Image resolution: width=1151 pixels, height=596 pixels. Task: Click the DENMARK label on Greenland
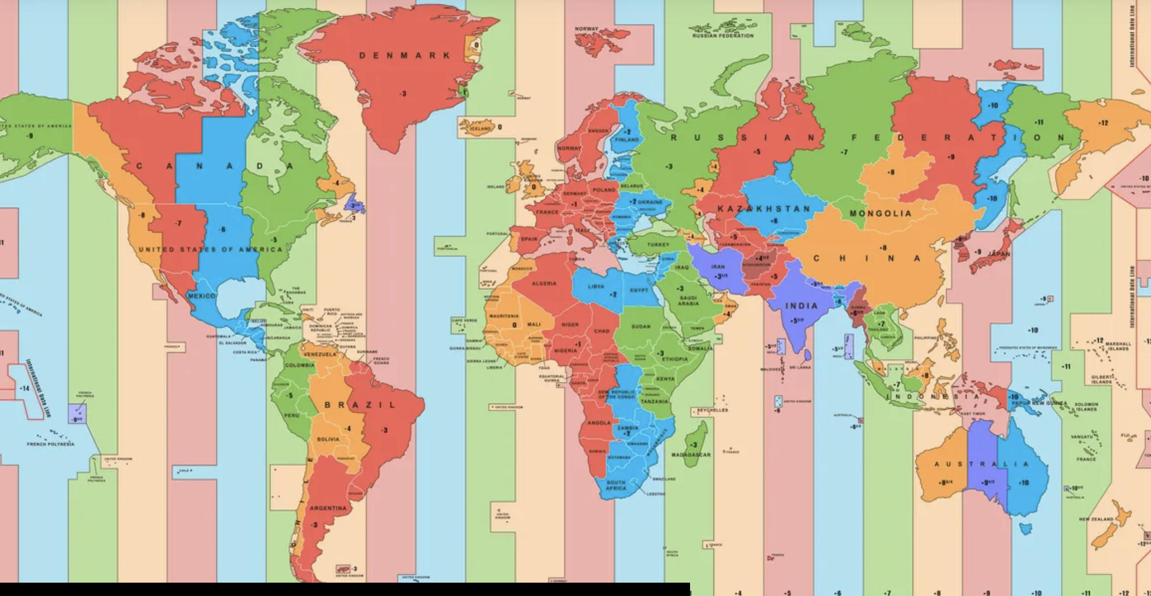(x=405, y=56)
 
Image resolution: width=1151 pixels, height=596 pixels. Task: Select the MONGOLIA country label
(x=880, y=213)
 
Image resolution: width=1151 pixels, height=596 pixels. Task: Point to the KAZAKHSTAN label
(x=763, y=208)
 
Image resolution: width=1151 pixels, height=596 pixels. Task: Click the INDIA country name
(x=801, y=306)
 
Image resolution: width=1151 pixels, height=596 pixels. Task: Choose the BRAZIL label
(x=360, y=405)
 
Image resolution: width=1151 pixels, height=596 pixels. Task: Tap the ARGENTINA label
(x=328, y=508)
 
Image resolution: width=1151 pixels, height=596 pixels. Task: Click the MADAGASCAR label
(x=691, y=455)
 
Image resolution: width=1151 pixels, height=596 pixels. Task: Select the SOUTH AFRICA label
(x=616, y=485)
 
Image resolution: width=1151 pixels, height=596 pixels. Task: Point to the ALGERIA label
(x=543, y=284)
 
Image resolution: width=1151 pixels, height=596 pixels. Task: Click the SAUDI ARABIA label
(x=688, y=301)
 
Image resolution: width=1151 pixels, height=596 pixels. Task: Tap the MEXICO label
(x=201, y=296)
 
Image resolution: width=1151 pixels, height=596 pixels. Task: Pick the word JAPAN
(x=999, y=254)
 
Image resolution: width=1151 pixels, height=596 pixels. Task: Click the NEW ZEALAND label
(x=1096, y=519)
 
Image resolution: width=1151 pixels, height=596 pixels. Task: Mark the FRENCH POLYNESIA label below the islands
(x=50, y=444)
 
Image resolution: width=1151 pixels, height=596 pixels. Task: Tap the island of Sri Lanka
(x=807, y=354)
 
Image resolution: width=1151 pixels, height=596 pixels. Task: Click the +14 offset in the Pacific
(x=24, y=388)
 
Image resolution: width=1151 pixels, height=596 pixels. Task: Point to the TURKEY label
(x=658, y=245)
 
